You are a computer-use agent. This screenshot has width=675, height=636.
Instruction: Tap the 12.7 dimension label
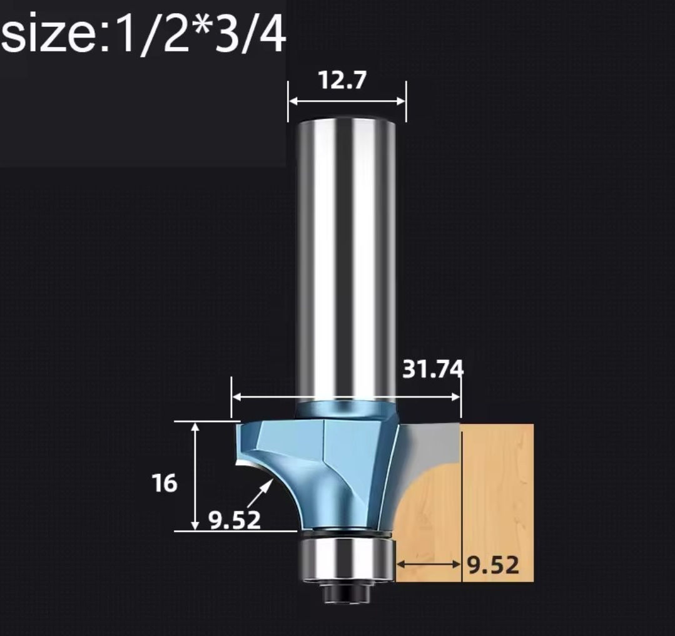[343, 80]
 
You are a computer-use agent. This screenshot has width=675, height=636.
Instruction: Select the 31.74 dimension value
[433, 369]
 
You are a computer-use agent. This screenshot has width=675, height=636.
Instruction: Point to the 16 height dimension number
[165, 483]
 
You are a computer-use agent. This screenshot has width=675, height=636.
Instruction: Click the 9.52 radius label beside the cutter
[235, 520]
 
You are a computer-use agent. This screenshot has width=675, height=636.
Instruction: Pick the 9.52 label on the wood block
[494, 565]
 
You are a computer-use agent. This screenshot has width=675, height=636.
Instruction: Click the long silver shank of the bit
[347, 259]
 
